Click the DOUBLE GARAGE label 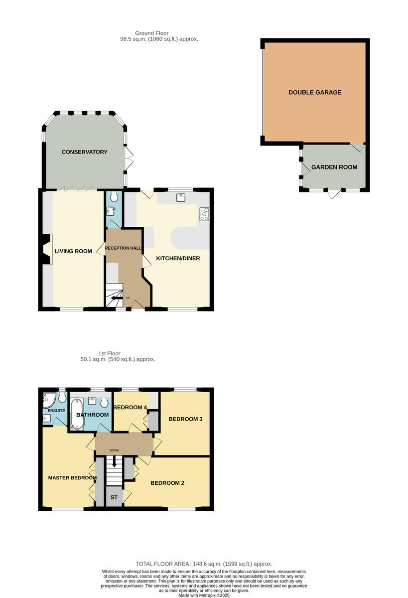coord(315,92)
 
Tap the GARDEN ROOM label coord(334,167)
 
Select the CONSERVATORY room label coord(84,152)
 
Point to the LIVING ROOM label coord(73,251)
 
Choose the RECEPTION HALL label coord(123,248)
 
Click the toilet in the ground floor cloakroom coord(114,197)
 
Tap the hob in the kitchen coord(204,214)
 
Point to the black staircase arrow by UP coord(117,299)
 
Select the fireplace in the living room coord(46,249)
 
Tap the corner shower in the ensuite coord(48,398)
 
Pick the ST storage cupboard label coord(114,497)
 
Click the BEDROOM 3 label coord(185,419)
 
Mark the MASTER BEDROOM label coord(72,478)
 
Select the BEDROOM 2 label coord(168,483)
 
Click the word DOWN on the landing coord(114,450)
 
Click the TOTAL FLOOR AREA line coord(204,564)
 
